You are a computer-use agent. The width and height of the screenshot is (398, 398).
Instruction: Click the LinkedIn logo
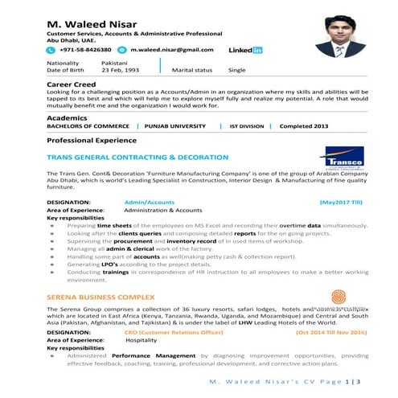click(x=245, y=50)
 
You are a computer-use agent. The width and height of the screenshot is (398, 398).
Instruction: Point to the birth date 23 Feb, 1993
click(x=121, y=70)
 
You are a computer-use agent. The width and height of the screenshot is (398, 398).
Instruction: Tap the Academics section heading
click(x=68, y=117)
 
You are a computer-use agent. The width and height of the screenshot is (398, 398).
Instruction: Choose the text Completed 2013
click(x=303, y=126)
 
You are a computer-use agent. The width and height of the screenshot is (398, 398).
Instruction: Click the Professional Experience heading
click(x=95, y=140)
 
